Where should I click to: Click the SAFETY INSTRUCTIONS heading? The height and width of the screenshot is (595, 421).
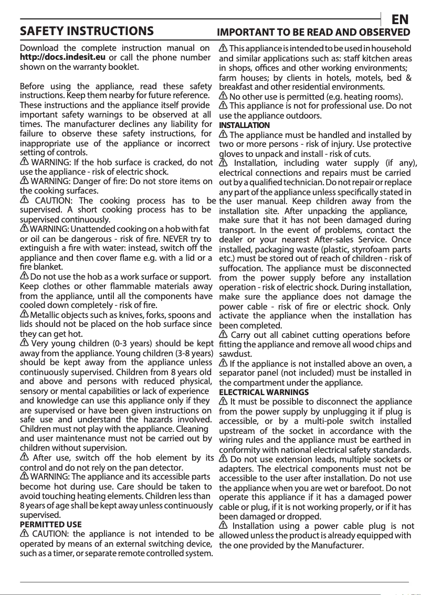click(x=87, y=31)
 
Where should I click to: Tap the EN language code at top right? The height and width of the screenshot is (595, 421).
click(x=400, y=20)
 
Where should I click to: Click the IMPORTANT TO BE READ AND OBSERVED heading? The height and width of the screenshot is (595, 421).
click(x=313, y=32)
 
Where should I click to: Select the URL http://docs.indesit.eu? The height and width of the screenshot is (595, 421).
click(x=62, y=57)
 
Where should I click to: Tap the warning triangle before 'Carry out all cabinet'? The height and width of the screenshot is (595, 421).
click(x=224, y=335)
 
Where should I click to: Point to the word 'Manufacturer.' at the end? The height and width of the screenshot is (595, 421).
click(x=337, y=545)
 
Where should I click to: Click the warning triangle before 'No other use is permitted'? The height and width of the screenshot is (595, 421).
click(x=223, y=97)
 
